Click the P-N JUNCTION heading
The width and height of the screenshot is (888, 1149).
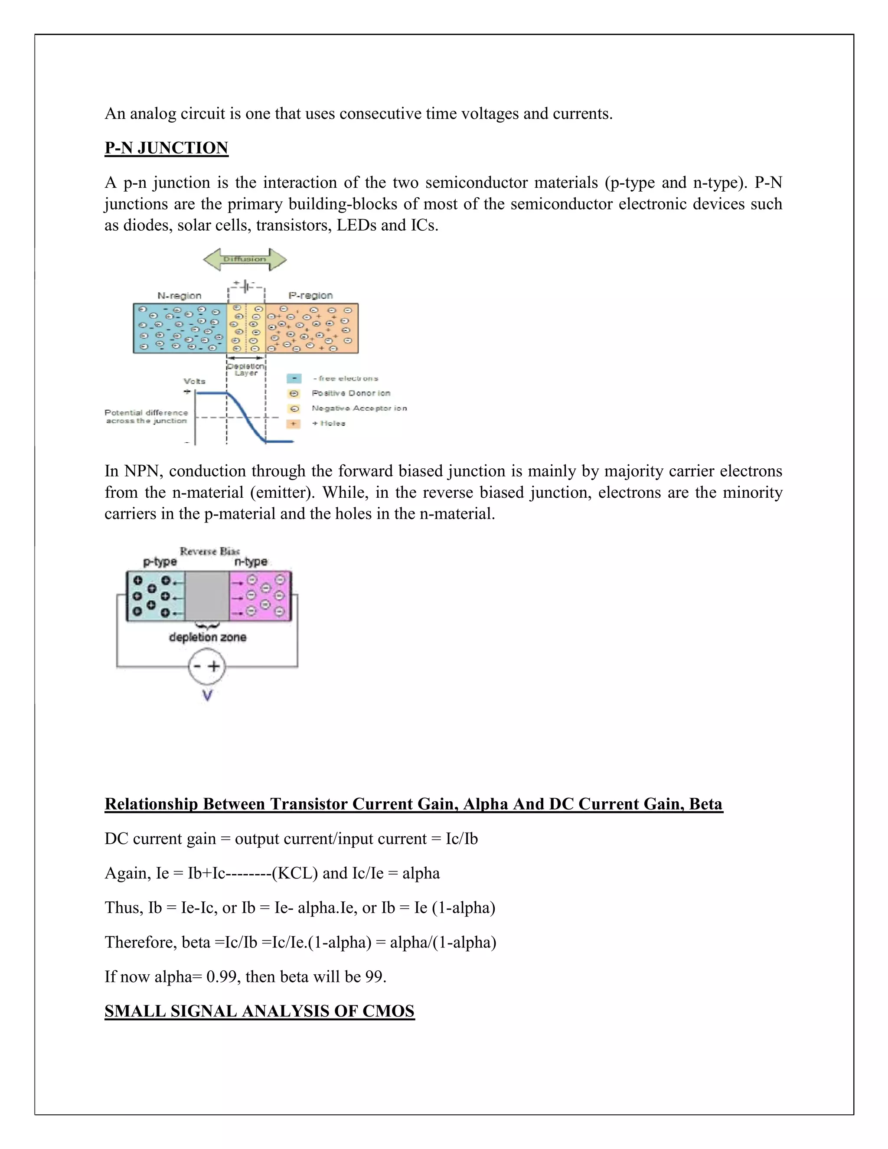tap(166, 148)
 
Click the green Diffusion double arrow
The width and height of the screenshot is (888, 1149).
tap(245, 259)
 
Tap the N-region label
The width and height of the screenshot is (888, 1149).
tap(179, 296)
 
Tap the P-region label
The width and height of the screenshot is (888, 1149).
tap(310, 296)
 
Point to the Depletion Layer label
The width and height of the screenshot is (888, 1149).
tap(246, 369)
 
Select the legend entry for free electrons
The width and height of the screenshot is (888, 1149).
tap(345, 378)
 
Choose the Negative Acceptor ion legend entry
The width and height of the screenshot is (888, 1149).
tap(359, 408)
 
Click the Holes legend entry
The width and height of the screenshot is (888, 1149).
tap(328, 423)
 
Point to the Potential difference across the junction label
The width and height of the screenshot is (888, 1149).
tap(146, 417)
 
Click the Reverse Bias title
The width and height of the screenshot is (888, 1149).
tap(209, 552)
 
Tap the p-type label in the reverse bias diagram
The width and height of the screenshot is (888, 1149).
tap(160, 562)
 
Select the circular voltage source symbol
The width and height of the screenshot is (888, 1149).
tap(207, 666)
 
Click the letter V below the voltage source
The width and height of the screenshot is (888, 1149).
tap(207, 696)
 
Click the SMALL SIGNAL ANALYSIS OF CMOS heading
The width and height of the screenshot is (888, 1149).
tap(259, 1011)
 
